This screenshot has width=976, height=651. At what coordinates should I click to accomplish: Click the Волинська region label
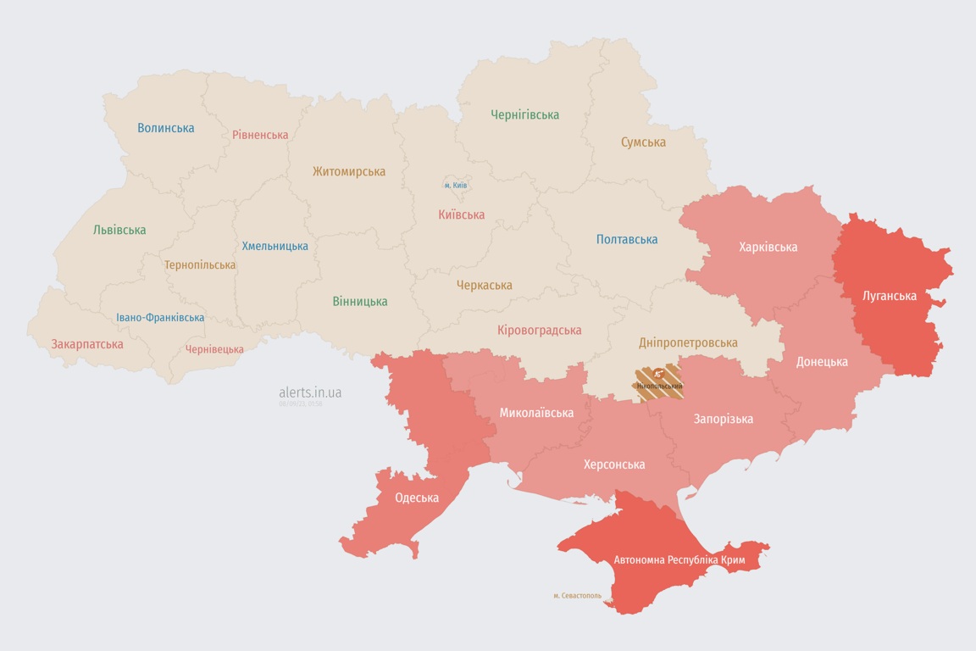tap(166, 128)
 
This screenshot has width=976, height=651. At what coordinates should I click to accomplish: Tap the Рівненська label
tap(260, 135)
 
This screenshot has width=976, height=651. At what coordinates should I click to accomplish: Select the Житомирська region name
tap(348, 171)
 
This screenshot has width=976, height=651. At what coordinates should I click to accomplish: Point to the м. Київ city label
tap(456, 185)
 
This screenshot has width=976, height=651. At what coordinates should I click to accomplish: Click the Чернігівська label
tap(524, 114)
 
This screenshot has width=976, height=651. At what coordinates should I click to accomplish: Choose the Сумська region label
tap(643, 142)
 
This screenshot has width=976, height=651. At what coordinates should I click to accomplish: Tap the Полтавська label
tap(627, 239)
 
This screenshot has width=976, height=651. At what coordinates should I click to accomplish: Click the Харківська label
tap(768, 247)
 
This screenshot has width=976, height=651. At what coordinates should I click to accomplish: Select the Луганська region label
tap(889, 296)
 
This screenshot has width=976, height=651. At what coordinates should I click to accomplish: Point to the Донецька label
tap(822, 361)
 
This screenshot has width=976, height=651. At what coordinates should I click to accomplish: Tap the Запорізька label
tap(723, 419)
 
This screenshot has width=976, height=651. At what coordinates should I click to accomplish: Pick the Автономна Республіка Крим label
tap(679, 560)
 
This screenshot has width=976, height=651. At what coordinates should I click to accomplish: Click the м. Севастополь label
tap(577, 595)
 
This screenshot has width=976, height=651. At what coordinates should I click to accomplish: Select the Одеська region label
tap(417, 498)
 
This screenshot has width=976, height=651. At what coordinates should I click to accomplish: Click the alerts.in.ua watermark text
tap(310, 392)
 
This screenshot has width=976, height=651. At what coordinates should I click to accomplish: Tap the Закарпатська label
tap(87, 344)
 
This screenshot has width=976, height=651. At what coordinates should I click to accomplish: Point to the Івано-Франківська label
tap(160, 318)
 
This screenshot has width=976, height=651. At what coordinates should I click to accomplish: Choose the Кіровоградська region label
tap(539, 330)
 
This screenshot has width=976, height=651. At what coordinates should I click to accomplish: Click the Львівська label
tap(119, 230)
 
